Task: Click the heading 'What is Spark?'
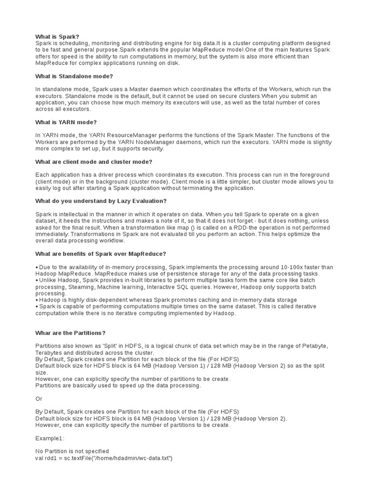click(x=57, y=37)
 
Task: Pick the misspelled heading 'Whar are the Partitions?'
click(x=70, y=333)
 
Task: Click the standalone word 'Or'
click(x=39, y=398)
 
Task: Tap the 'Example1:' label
click(x=49, y=438)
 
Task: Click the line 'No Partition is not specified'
click(x=72, y=451)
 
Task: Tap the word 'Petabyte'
click(x=314, y=346)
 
